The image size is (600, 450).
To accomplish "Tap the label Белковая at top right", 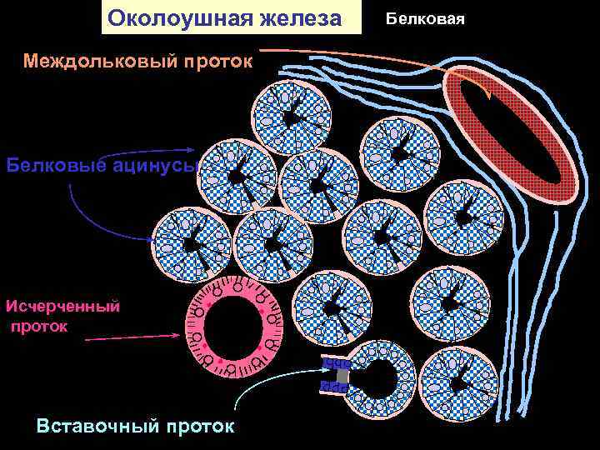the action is (x=427, y=17).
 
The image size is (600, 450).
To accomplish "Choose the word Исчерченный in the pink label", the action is (x=62, y=305).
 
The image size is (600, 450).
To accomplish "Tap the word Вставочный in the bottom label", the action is (x=95, y=426).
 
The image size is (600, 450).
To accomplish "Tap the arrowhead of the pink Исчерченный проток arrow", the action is (x=177, y=336).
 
